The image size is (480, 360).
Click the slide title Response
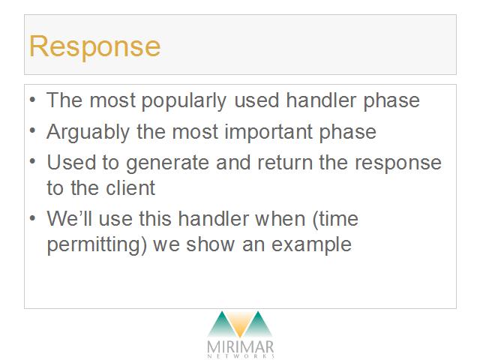pos(94,46)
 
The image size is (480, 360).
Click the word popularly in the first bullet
pos(184,101)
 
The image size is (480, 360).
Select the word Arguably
pos(88,133)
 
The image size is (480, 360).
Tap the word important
pos(268,132)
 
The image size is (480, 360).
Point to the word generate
pos(167,163)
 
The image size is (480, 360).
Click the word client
pos(130,187)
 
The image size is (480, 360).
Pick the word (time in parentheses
pos(335,220)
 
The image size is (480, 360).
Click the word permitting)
pos(97,245)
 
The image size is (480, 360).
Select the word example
pos(311,245)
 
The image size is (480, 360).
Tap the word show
pos(210,244)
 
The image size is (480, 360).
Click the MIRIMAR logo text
pos(240,346)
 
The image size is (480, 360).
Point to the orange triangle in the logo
pos(240,324)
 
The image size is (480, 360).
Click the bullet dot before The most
pos(33,100)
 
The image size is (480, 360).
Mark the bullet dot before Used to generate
pos(33,161)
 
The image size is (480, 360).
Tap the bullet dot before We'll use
pos(33,217)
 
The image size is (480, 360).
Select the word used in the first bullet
pos(256,100)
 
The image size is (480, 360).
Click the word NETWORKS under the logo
pos(241,356)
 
